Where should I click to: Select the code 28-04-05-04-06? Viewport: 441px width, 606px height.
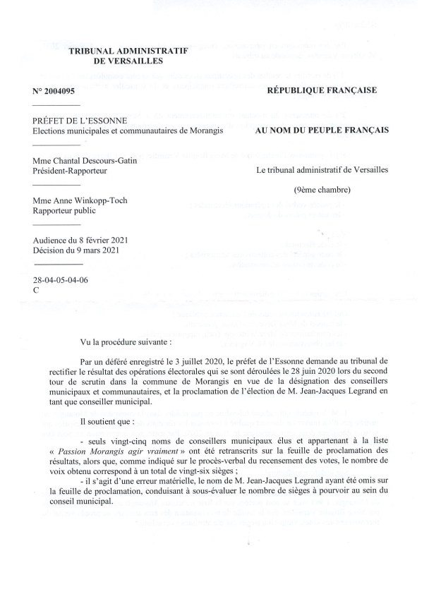click(64, 280)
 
